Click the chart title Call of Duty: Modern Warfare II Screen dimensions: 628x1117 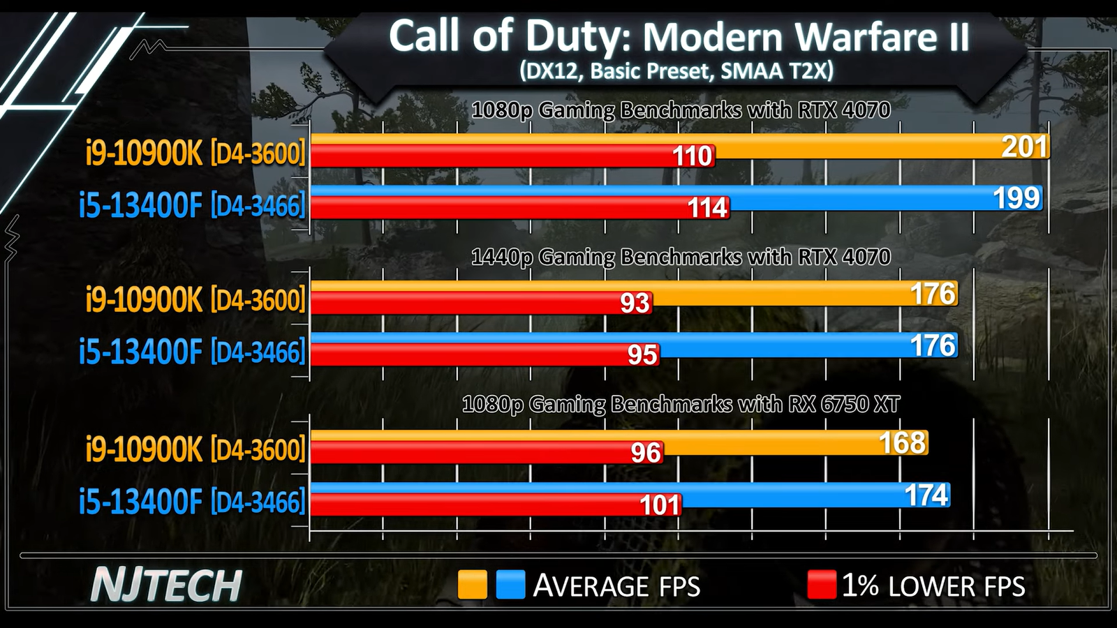679,36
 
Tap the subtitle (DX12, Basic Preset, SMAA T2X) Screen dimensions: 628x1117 676,71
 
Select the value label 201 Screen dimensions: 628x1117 1025,147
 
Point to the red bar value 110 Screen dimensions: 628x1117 692,156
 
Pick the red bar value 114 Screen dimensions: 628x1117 708,208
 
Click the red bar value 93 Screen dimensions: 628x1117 635,303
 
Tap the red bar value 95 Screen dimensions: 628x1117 642,355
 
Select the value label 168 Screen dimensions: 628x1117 902,443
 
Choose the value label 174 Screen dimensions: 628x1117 926,495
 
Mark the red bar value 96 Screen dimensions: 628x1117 645,453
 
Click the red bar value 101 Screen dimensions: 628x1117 660,505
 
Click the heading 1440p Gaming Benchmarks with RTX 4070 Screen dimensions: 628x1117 681,257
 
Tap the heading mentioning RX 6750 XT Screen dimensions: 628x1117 681,405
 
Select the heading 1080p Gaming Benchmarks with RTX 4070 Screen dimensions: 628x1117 681,110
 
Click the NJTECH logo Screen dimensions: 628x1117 166,585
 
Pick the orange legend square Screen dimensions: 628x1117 472,585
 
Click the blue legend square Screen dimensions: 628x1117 510,585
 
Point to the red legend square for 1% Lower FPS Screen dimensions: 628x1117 821,585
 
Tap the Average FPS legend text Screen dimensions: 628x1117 616,586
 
